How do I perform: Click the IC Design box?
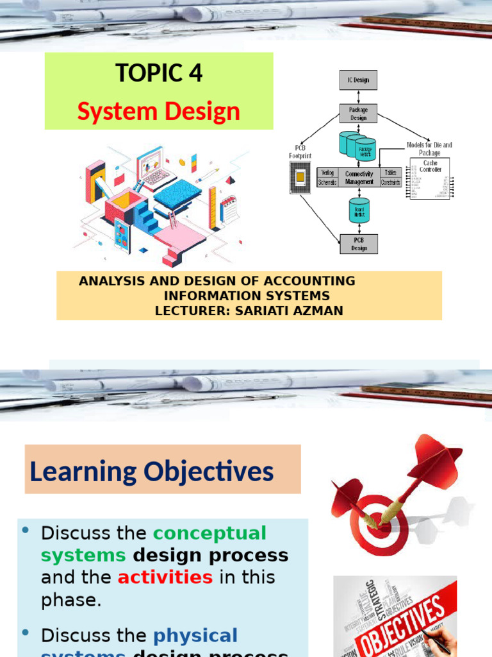[x=358, y=80]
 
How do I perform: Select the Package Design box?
[x=358, y=114]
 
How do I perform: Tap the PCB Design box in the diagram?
[x=358, y=244]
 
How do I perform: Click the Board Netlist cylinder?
[x=359, y=210]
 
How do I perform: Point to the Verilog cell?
[x=328, y=173]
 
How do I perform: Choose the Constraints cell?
[x=390, y=182]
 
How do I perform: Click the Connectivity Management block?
[x=359, y=178]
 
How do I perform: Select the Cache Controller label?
[x=430, y=166]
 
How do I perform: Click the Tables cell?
[x=390, y=173]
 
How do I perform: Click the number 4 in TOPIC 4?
[x=195, y=73]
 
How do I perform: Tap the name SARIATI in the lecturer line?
[x=263, y=311]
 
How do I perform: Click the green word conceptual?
[x=209, y=533]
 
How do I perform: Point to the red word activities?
[x=165, y=577]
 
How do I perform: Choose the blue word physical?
[x=195, y=636]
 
